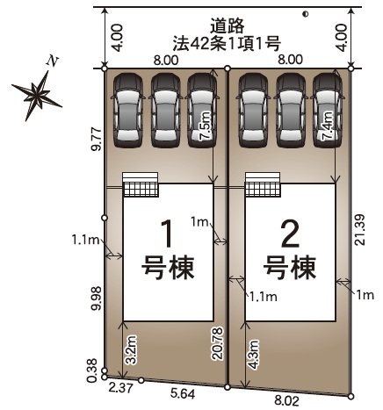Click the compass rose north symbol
pos(37,95)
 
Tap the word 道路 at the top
pos(227,25)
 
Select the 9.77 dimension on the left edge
pos(96,139)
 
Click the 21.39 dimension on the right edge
pos(359,229)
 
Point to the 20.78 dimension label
pos(219,343)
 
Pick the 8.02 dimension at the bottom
pos(286,400)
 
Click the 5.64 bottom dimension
pos(183,394)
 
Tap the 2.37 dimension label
pos(120,388)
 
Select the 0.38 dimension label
pos(92,370)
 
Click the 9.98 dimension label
pos(96,298)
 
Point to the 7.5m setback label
pos(206,126)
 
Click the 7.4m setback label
pos(327,126)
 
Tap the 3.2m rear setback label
pos(132,349)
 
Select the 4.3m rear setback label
pos(253,354)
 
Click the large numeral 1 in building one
pos(168,234)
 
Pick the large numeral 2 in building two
pos(290,234)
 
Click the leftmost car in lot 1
pos(128,110)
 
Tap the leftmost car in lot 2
pos(254,110)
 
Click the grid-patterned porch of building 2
pos(263,189)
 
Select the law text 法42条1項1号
pos(227,43)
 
